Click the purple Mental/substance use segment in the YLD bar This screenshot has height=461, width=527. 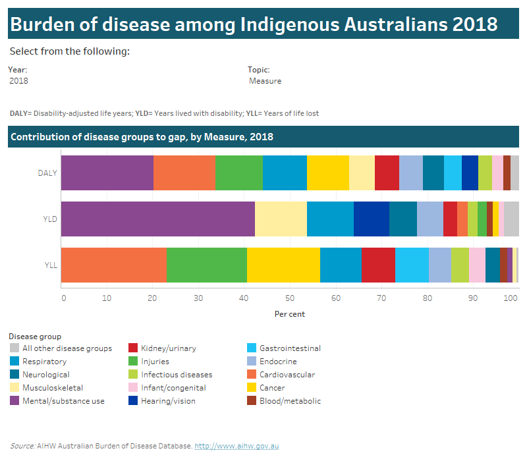(x=157, y=219)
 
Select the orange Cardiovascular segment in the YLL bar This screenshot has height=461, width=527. (x=113, y=265)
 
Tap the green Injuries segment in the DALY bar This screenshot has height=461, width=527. (x=239, y=173)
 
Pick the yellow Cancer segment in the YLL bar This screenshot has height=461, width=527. (x=283, y=265)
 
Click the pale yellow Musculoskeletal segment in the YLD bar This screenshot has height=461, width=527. (x=281, y=219)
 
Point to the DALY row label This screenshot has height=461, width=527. (x=47, y=173)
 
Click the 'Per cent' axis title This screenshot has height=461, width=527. (x=290, y=314)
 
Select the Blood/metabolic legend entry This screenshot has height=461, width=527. (x=290, y=401)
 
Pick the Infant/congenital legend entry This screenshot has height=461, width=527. (x=173, y=388)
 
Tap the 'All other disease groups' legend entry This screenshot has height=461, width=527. (x=67, y=348)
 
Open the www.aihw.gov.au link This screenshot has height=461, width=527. (x=236, y=446)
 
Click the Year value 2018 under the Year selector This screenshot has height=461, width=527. (x=19, y=81)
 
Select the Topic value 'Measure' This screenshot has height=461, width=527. (x=265, y=81)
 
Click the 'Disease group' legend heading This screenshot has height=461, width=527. (x=34, y=337)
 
